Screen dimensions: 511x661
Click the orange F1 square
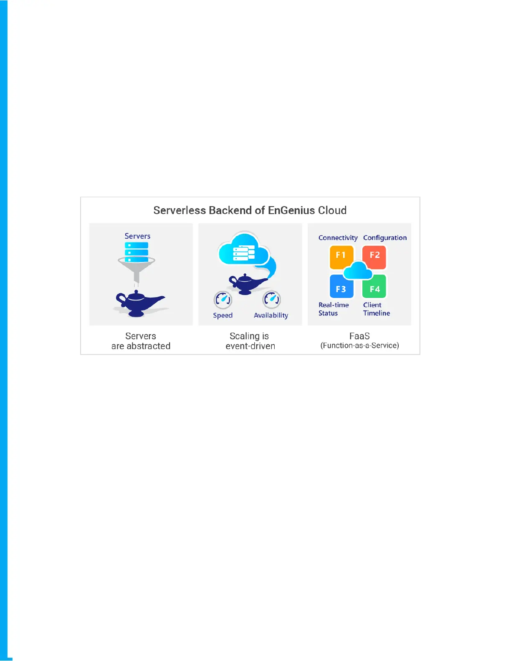pos(341,256)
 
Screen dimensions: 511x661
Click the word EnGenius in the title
pos(291,210)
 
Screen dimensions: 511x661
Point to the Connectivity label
pos(338,238)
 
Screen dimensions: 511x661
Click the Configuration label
pos(385,238)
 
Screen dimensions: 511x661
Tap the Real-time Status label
pos(333,309)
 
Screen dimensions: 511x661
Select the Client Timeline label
pos(376,309)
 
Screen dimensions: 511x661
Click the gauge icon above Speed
pos(223,299)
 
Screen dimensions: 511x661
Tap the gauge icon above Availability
pos(272,299)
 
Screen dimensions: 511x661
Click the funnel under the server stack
pos(137,267)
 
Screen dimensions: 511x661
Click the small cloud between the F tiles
pos(358,271)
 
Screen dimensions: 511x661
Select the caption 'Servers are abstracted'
pos(141,341)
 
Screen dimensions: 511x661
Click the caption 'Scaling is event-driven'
pos(250,341)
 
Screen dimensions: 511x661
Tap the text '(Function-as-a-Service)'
pos(359,346)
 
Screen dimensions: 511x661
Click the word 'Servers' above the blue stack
pos(137,236)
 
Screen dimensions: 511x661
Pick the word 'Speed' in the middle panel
pos(223,315)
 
